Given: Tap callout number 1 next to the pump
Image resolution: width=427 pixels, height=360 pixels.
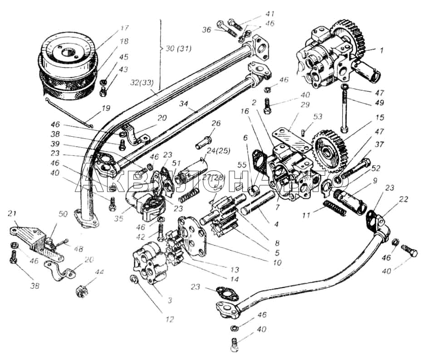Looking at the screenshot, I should click(x=382, y=51).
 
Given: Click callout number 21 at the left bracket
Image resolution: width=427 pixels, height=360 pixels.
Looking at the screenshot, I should click(x=13, y=214).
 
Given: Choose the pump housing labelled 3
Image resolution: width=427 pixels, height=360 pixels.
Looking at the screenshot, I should click(x=150, y=266).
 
